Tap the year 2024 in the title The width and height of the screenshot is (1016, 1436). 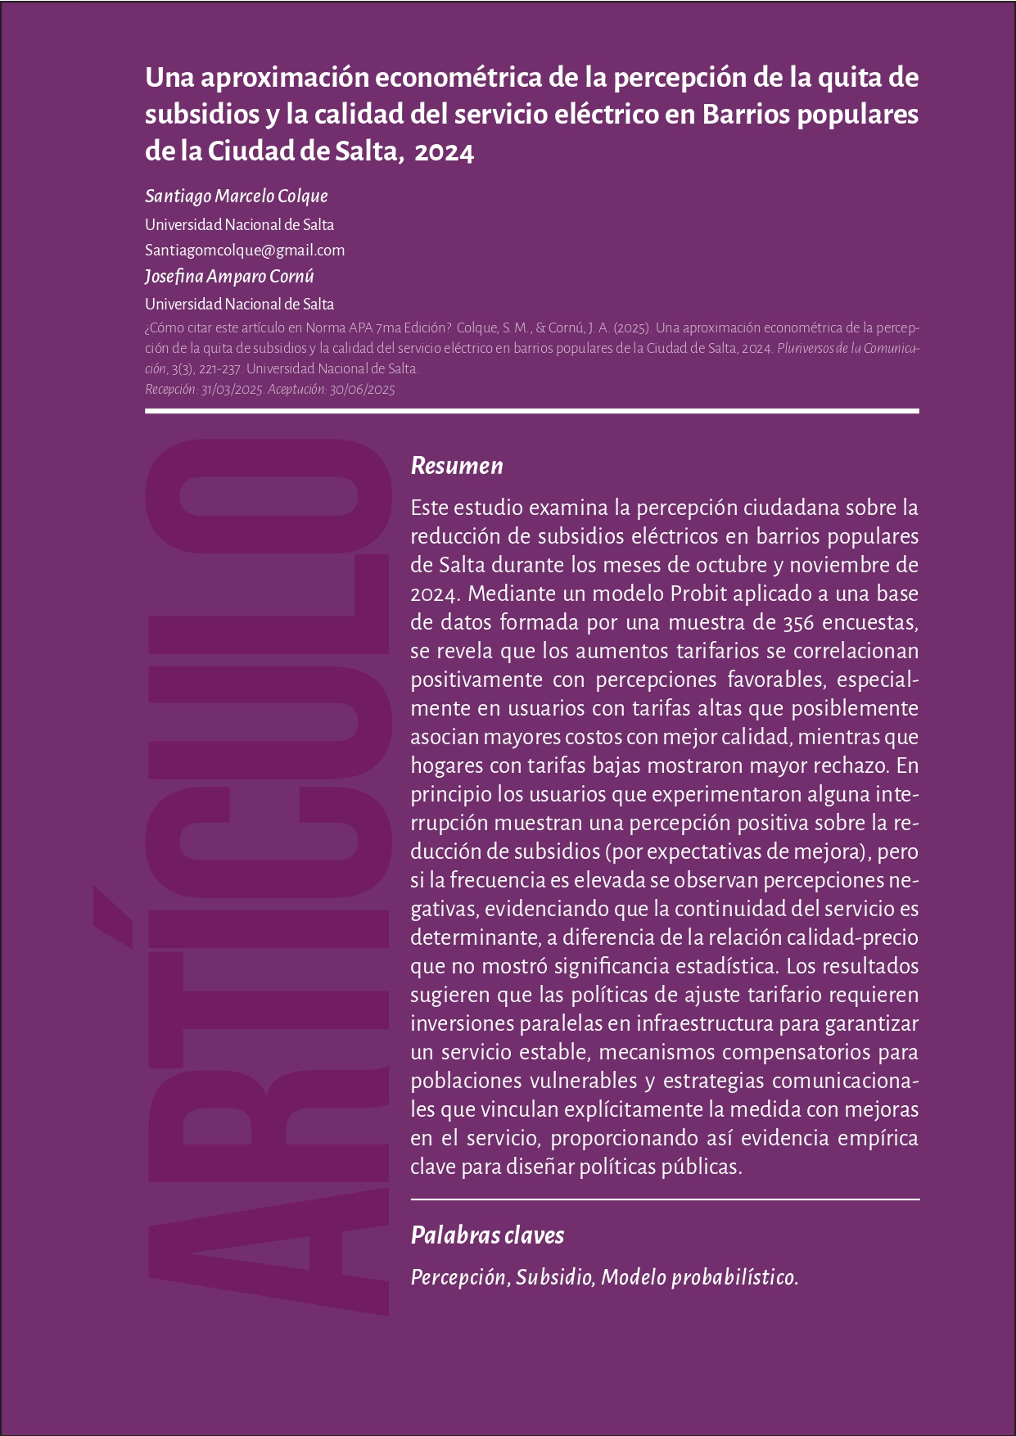444,152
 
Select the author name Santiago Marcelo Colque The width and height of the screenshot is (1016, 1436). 236,196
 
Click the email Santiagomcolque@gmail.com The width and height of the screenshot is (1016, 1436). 244,251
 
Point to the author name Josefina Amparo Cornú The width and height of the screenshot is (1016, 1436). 229,277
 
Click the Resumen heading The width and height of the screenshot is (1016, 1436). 456,466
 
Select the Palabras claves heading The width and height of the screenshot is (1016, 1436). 487,1235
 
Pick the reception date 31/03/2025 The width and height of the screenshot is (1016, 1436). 232,390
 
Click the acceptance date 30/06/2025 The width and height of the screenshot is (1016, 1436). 362,390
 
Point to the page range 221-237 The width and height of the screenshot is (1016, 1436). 219,369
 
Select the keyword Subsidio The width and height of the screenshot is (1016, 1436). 554,1278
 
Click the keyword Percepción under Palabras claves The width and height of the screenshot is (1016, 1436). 459,1278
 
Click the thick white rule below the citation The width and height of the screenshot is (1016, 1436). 532,411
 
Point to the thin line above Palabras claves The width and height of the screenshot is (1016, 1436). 665,1199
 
